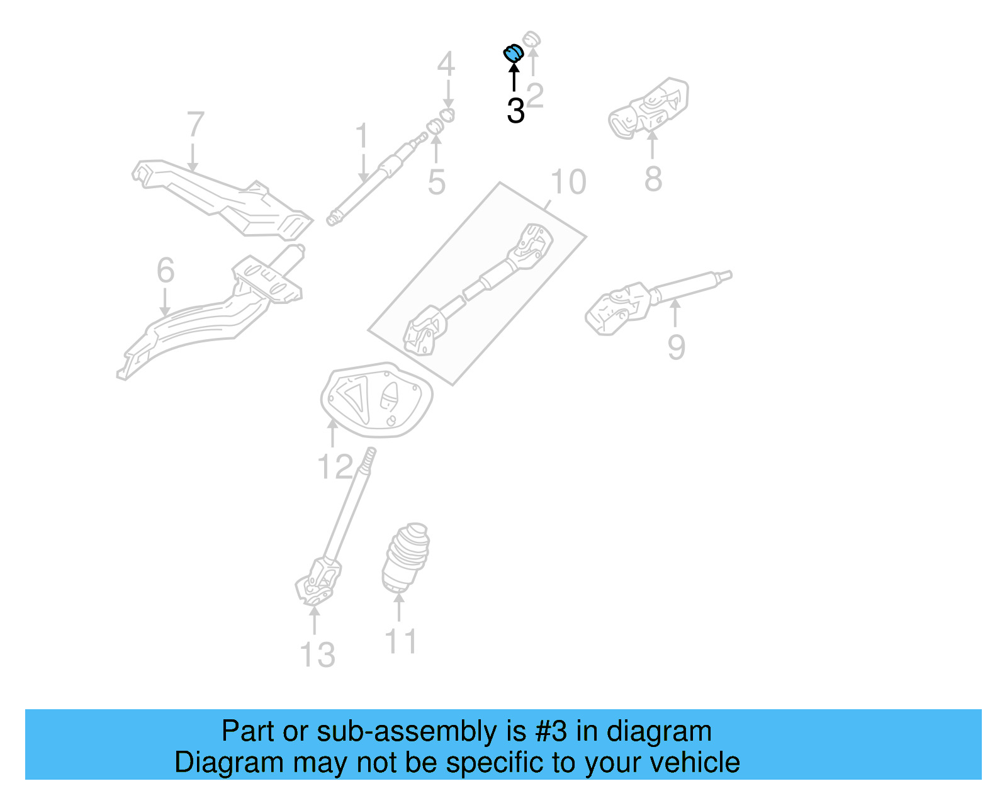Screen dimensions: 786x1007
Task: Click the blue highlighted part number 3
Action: pos(514,53)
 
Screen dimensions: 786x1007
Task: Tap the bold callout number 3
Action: pos(515,111)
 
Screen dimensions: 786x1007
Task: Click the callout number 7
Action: pos(196,125)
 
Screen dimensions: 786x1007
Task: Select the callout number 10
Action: pos(568,182)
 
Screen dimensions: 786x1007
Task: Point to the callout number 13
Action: pos(318,655)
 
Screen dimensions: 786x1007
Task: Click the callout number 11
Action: pos(400,643)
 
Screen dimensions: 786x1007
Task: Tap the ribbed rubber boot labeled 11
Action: pos(406,557)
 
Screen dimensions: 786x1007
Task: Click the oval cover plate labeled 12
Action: pos(376,400)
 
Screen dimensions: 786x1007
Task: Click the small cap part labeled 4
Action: pos(447,115)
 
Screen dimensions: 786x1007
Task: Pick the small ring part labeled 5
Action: pos(435,126)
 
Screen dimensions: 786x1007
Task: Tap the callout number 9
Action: pos(677,347)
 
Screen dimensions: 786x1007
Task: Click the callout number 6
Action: pos(166,271)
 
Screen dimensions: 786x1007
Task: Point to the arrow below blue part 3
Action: pos(514,78)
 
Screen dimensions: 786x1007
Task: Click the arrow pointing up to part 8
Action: pos(653,145)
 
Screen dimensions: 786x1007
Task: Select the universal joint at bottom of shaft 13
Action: pos(318,582)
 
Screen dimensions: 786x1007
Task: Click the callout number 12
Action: pos(335,468)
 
